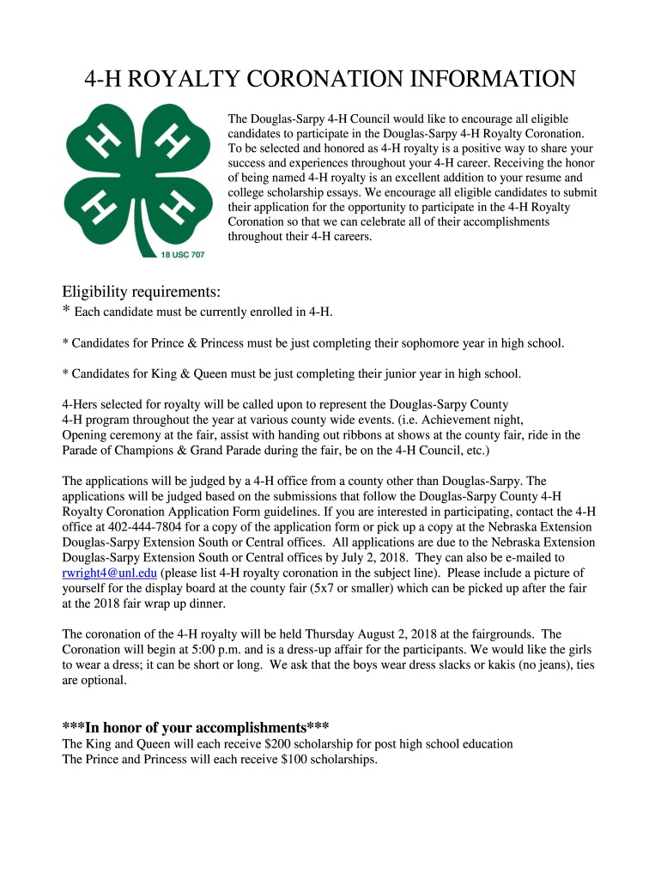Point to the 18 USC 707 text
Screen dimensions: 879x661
pos(183,254)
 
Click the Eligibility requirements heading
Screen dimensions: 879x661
pos(142,292)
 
